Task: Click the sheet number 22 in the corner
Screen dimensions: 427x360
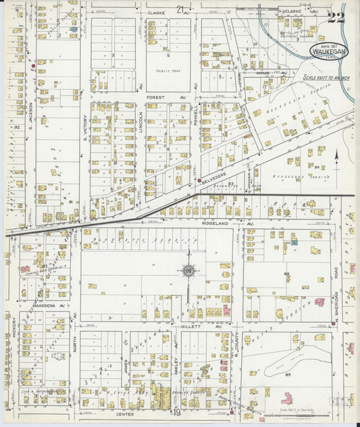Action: point(335,17)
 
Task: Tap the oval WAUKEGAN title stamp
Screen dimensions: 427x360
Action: point(329,49)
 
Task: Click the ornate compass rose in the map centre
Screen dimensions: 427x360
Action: point(188,272)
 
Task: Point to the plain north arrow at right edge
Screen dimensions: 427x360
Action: point(336,160)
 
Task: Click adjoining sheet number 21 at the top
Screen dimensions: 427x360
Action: point(180,9)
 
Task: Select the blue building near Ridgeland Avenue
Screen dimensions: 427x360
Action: point(294,241)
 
